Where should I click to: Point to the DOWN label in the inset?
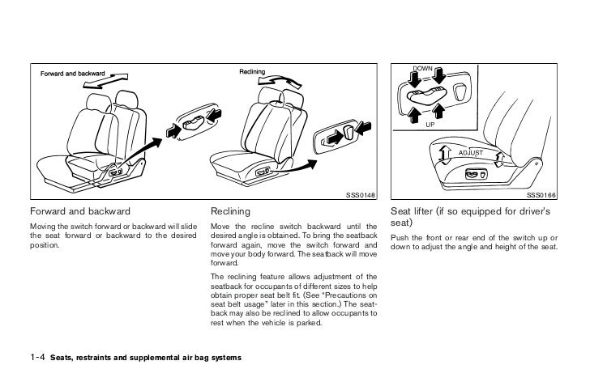(425, 67)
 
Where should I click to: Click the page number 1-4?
(37, 357)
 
